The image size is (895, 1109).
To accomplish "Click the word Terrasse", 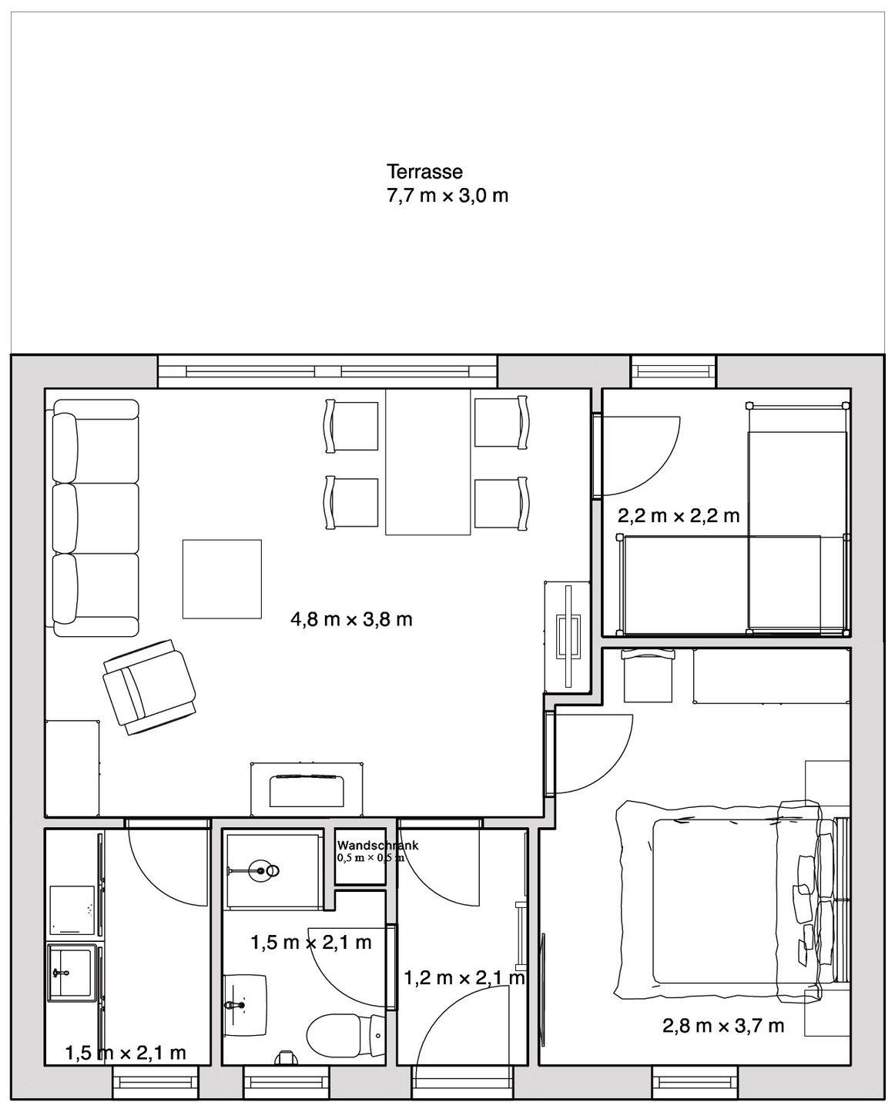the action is coord(424,171).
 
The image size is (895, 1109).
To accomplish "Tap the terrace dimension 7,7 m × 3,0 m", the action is coord(447,196).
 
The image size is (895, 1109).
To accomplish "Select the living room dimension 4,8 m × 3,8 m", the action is coord(351,619).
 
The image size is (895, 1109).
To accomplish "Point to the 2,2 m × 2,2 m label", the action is coord(679,515).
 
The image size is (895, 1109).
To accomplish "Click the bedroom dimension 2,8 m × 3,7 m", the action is coord(722,1026).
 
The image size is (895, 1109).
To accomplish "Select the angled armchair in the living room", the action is coord(149,687).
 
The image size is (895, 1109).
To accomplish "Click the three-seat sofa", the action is coord(96,518).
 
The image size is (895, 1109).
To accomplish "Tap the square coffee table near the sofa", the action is coord(222,578).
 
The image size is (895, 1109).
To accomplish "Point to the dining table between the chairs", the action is coord(428,462).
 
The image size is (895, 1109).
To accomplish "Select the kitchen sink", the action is coord(72,973).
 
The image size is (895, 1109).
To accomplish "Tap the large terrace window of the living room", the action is coord(327,371).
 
